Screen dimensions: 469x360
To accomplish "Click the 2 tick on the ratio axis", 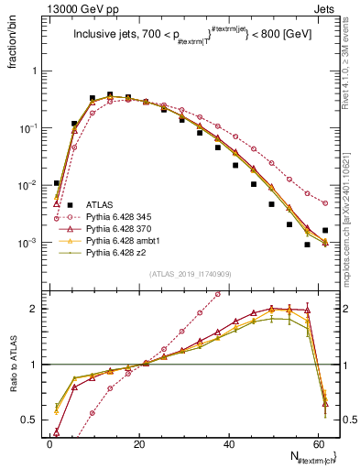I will point(37,309).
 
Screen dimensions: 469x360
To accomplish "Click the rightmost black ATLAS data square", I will point(325,230).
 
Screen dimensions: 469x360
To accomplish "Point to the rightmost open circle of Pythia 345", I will point(325,203).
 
